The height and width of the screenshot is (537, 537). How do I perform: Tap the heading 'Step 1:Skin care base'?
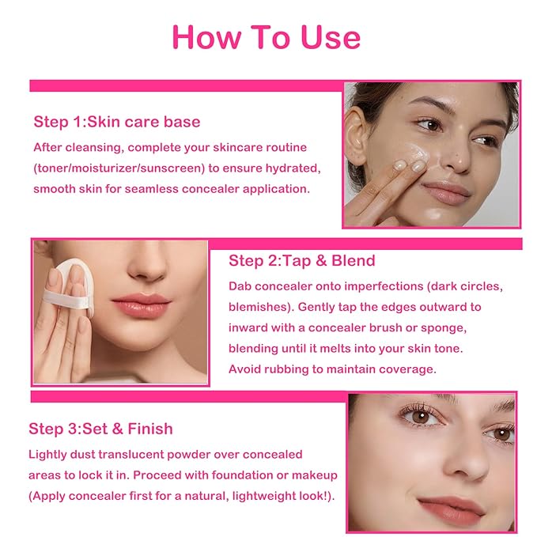[x=116, y=122]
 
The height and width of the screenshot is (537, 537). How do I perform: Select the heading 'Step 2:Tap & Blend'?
[x=301, y=260]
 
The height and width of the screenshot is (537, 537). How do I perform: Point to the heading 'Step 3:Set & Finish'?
[x=100, y=429]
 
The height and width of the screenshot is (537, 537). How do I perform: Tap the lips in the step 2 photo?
[x=142, y=305]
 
